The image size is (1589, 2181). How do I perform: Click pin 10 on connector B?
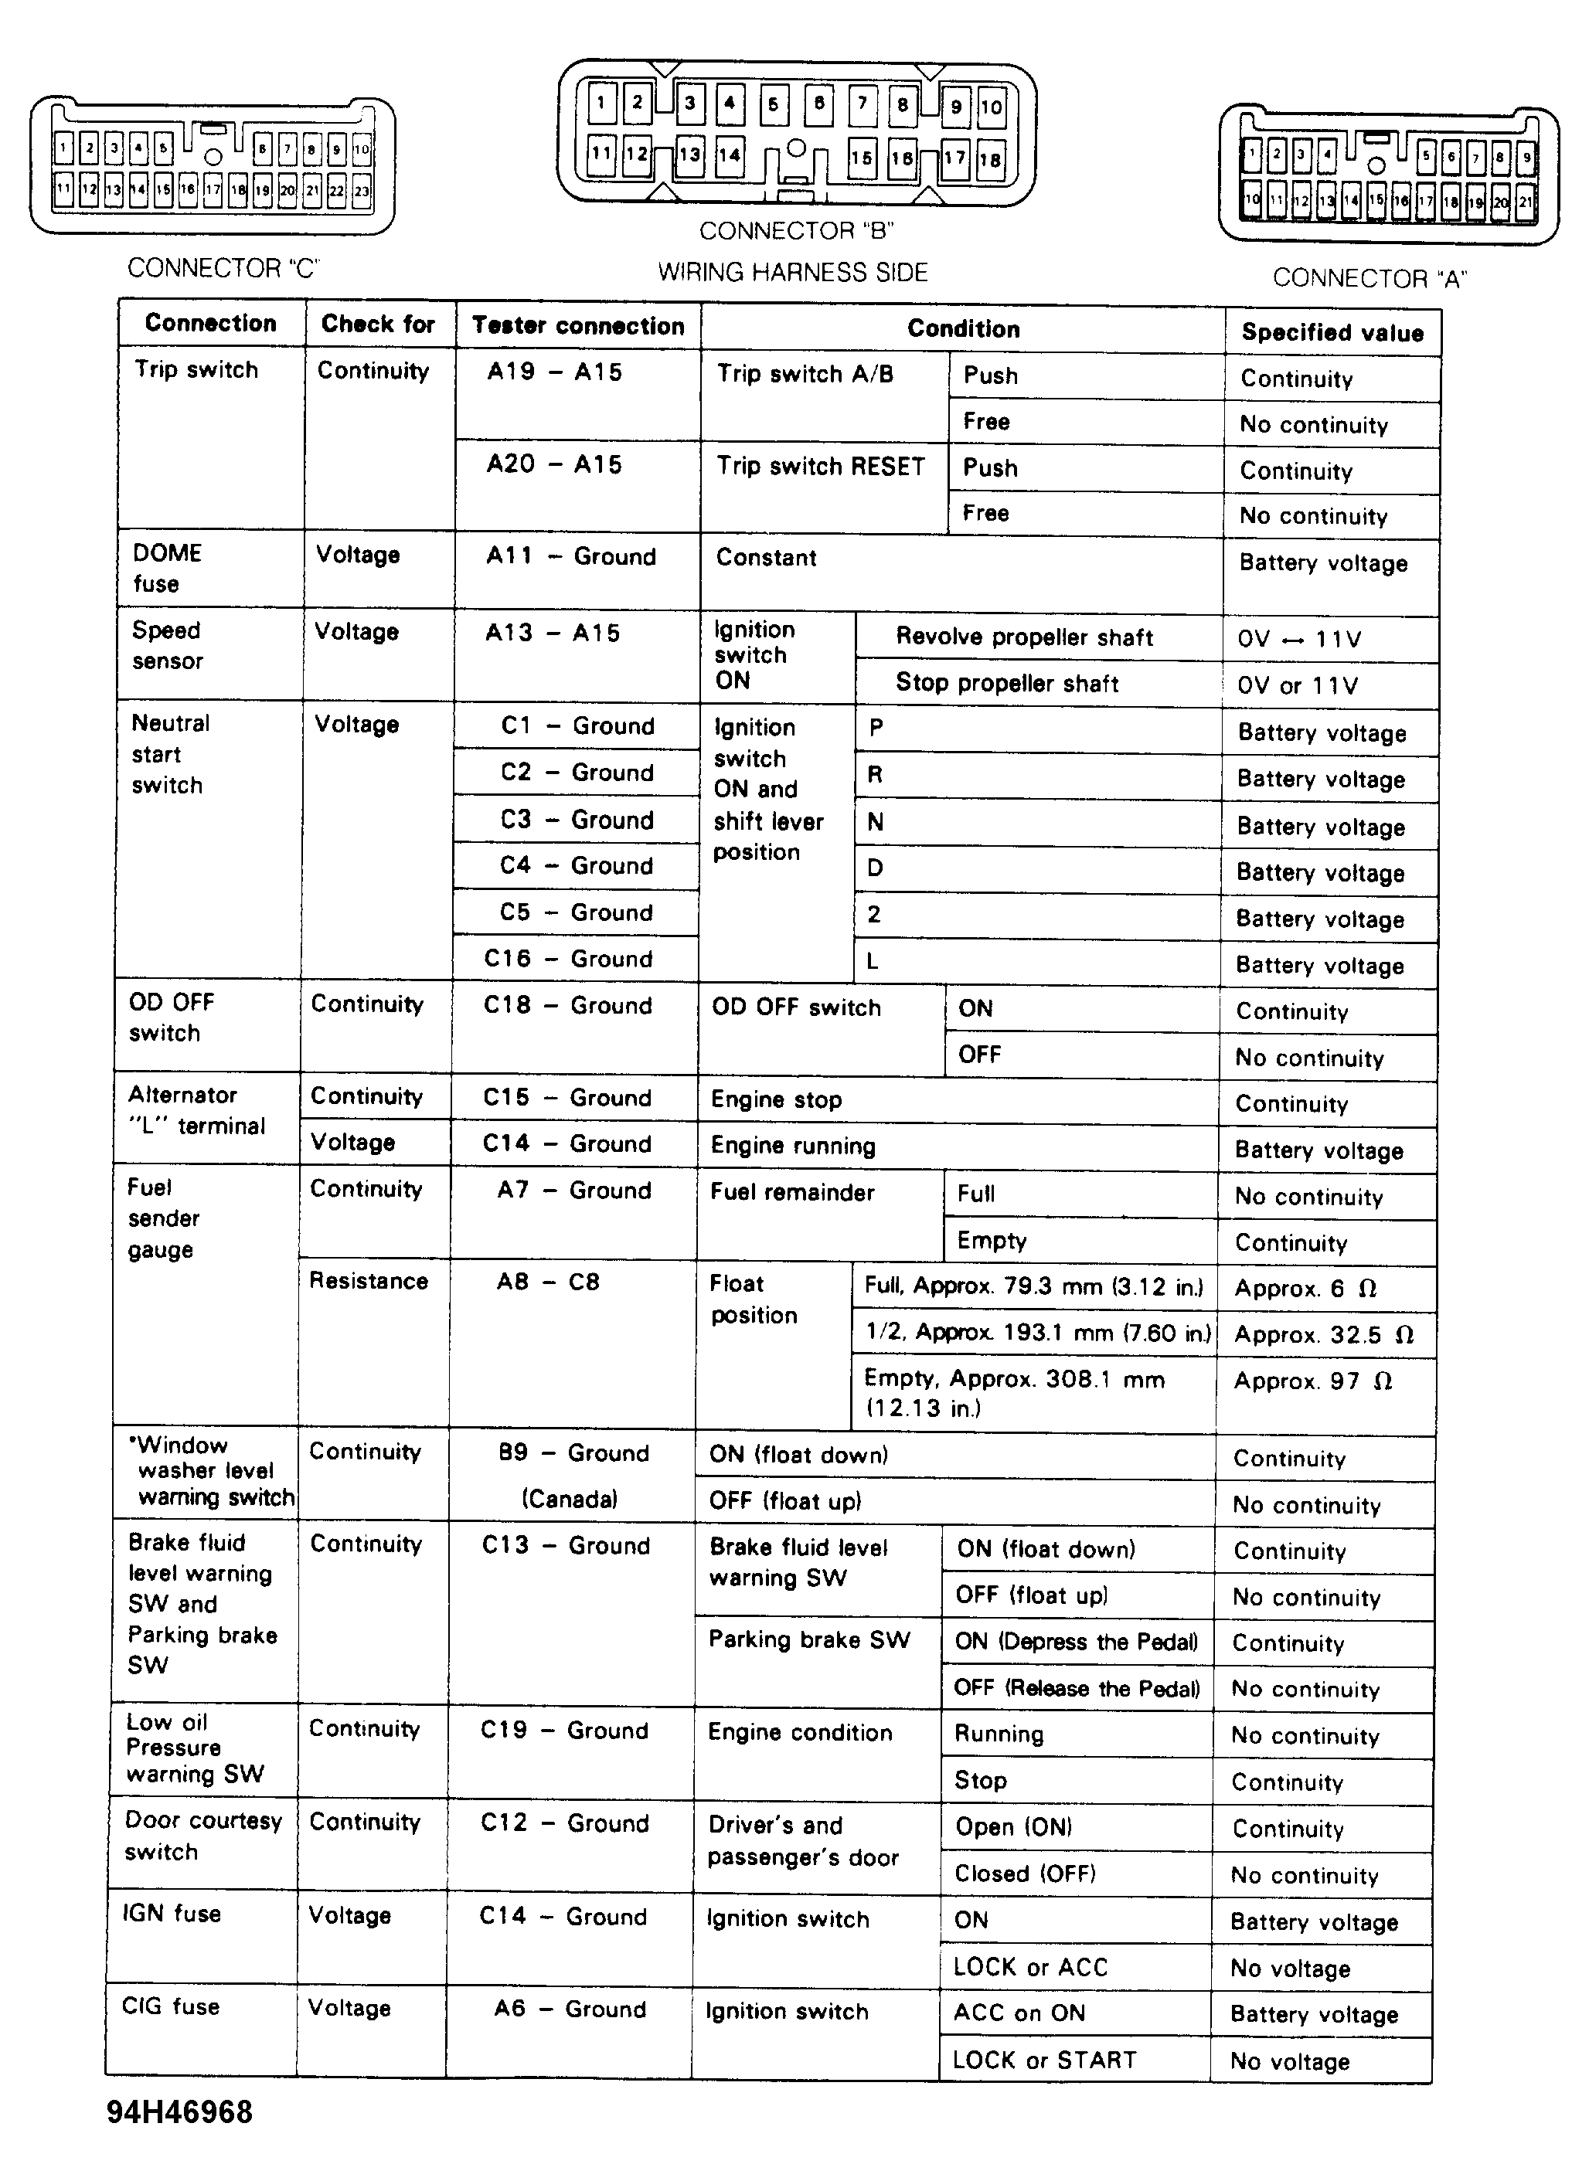pos(991,107)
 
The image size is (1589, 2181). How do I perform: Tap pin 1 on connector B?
pos(601,102)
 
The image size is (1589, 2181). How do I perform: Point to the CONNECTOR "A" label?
pos(1369,278)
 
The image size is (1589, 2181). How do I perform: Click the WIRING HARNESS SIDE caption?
pos(793,272)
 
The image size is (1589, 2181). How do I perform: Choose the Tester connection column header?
pos(578,325)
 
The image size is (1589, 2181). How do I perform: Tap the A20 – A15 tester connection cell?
pos(554,464)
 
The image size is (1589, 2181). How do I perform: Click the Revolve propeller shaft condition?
pos(1024,637)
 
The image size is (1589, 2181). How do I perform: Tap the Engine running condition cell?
pos(793,1145)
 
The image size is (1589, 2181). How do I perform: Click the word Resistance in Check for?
pos(369,1280)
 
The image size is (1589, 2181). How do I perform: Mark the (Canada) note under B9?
pos(570,1498)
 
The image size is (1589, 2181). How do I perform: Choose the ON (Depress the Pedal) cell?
pos(1077,1642)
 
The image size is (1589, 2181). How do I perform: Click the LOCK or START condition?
pos(1045,2059)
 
